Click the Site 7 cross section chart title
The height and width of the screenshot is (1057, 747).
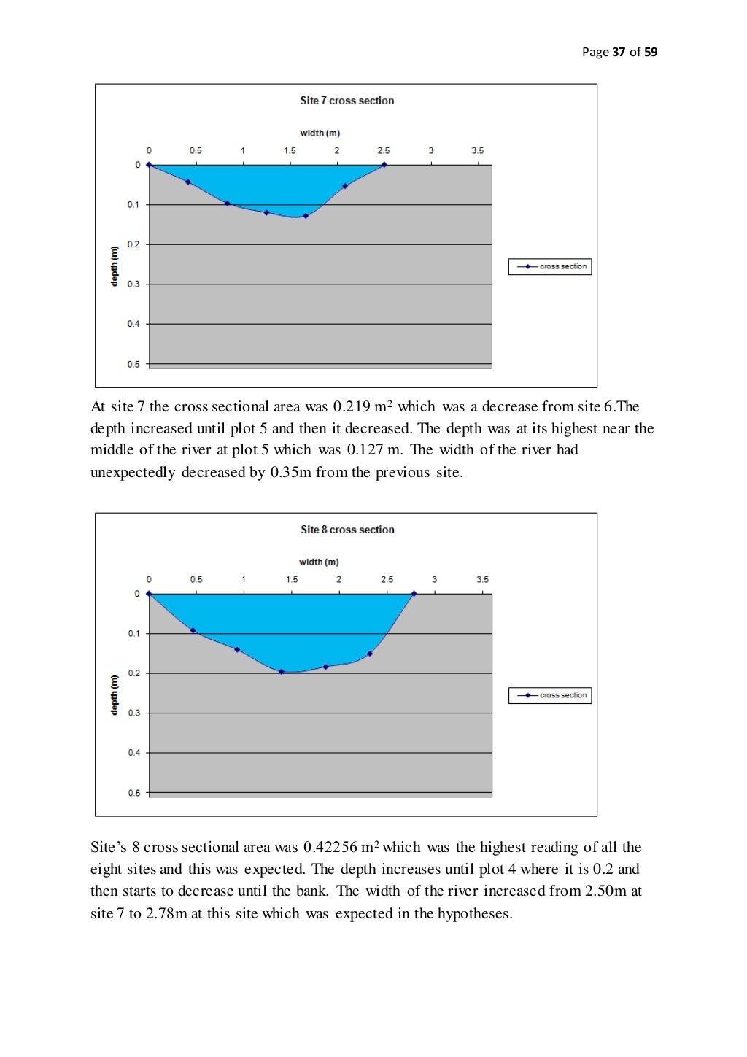pyautogui.click(x=347, y=101)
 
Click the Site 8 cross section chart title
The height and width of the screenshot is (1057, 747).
pyautogui.click(x=347, y=530)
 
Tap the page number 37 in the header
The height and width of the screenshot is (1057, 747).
pyautogui.click(x=619, y=52)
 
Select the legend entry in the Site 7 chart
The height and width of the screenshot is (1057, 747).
pyautogui.click(x=550, y=267)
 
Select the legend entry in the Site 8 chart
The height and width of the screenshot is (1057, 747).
pyautogui.click(x=550, y=696)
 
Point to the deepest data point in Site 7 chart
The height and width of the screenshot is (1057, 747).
pyautogui.click(x=306, y=216)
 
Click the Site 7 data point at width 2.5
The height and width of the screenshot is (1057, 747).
pyautogui.click(x=384, y=165)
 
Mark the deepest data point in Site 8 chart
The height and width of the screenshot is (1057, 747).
pyautogui.click(x=282, y=672)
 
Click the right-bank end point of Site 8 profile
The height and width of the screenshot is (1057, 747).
pyautogui.click(x=414, y=594)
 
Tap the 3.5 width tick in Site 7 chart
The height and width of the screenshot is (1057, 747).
pyautogui.click(x=477, y=151)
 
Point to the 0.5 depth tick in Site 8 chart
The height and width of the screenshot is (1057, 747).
pyautogui.click(x=134, y=793)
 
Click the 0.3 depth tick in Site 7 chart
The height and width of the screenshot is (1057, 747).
pyautogui.click(x=133, y=284)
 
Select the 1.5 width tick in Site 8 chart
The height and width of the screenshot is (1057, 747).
pyautogui.click(x=292, y=580)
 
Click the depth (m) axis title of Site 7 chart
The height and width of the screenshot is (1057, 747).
pyautogui.click(x=114, y=266)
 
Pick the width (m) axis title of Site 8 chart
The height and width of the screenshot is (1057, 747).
pyautogui.click(x=319, y=562)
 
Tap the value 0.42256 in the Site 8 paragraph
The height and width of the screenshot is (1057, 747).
pyautogui.click(x=330, y=848)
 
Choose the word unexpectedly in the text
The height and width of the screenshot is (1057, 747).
pyautogui.click(x=133, y=473)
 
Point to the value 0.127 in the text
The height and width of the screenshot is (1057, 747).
pyautogui.click(x=365, y=450)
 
